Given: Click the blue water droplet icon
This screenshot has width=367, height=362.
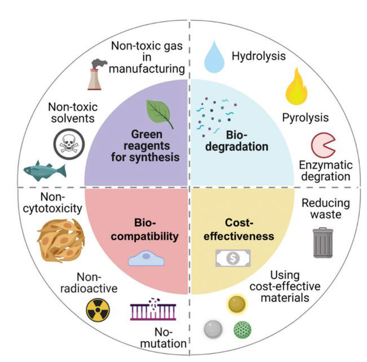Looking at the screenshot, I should click(214, 56).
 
